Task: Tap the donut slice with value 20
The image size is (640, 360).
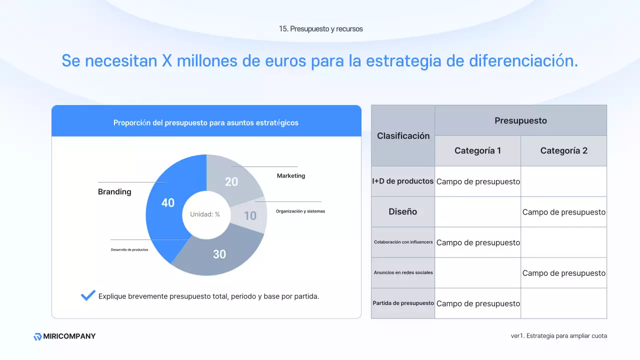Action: pos(232,180)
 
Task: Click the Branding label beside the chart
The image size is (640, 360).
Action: pos(114,192)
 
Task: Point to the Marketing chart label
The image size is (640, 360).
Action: pos(291,176)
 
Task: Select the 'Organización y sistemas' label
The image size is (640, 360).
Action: pos(300,211)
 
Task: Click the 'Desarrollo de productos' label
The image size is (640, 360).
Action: pos(129,249)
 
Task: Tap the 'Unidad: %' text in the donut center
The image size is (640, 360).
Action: pos(205,214)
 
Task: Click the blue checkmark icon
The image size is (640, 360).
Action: pos(88,295)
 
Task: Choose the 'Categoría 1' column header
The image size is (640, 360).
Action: pos(477,151)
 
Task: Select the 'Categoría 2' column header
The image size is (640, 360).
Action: pos(563,151)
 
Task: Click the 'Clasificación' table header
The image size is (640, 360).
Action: pos(403,136)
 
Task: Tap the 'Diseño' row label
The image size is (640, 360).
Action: pos(402,212)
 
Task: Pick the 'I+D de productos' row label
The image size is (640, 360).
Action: pos(402,181)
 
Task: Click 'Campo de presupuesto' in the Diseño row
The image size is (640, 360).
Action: pos(563,212)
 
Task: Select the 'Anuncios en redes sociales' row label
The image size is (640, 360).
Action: pos(403,273)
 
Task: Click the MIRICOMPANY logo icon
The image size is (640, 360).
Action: pos(37,336)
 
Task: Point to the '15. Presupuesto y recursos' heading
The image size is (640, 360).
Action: pos(321,29)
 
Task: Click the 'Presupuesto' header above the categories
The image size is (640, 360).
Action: pos(520,120)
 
